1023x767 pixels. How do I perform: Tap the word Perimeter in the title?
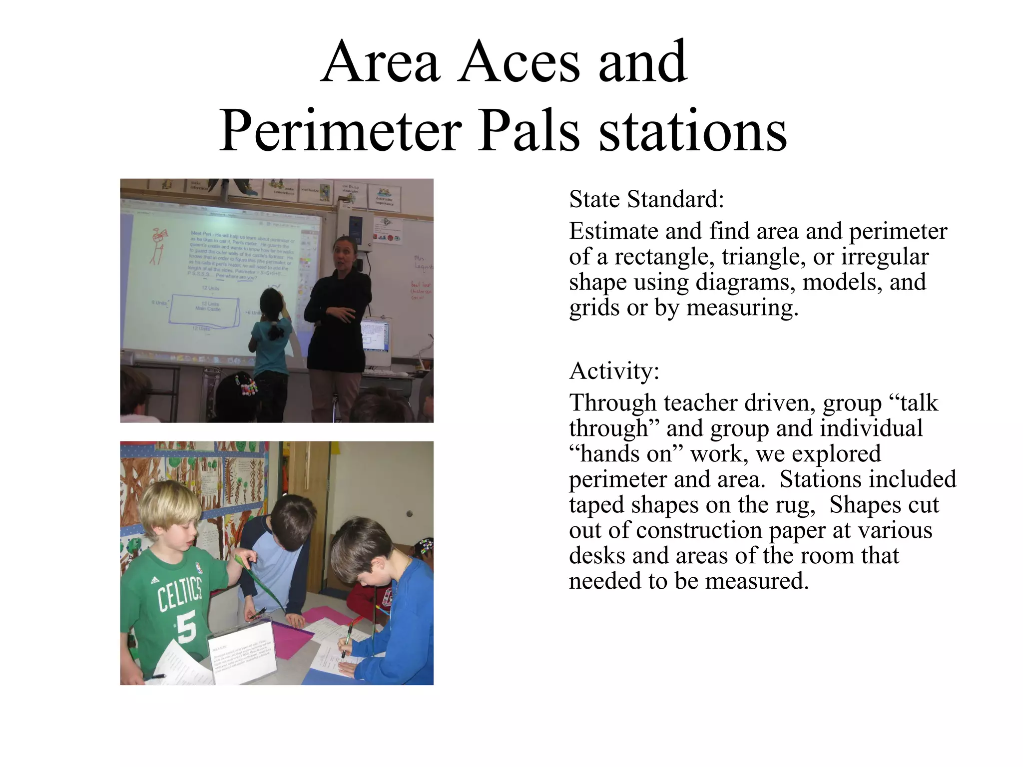tap(340, 131)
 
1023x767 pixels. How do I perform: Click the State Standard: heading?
tap(646, 199)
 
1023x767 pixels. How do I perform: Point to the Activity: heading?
tap(614, 371)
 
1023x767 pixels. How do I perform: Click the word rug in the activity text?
tap(795, 505)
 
